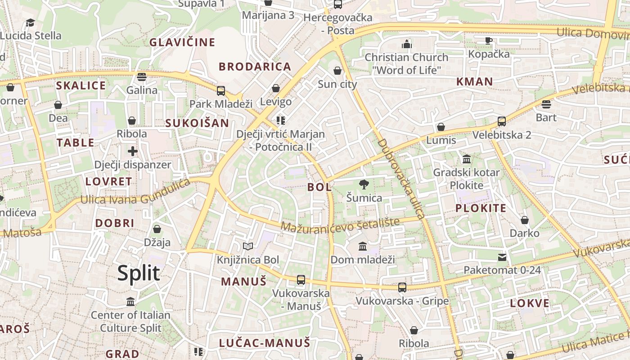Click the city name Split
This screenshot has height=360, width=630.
coord(139,273)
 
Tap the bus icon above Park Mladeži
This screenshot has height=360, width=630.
coord(221,91)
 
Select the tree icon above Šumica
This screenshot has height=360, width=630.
coord(364,184)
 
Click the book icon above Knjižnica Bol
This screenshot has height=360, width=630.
coord(248,246)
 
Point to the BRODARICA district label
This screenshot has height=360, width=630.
coord(255,67)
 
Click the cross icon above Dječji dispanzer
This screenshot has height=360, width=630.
coord(132,151)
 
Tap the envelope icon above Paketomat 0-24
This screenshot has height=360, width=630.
coord(502,257)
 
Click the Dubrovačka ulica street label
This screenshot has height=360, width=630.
coord(401,179)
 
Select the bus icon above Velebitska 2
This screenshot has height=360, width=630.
coord(502,121)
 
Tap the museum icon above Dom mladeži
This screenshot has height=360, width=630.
coord(363,246)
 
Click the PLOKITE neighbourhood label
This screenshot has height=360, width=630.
coord(481,208)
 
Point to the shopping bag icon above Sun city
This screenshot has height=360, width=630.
coord(337,71)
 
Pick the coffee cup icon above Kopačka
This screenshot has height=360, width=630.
coord(489,40)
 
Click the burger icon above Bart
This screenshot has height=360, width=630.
coord(546,104)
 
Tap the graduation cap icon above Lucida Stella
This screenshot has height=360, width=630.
coord(30,22)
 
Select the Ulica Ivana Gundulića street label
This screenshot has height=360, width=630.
coord(135,193)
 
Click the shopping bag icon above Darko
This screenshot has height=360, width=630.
coord(525,220)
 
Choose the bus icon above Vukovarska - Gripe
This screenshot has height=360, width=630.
coord(402,287)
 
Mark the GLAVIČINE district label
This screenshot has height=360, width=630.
coord(182,42)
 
